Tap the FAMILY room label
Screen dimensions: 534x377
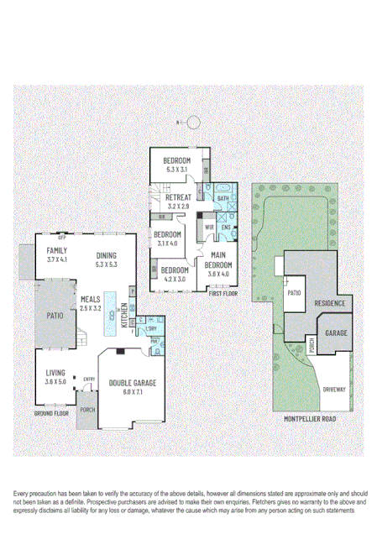[x=57, y=251]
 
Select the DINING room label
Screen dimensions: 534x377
[x=106, y=256]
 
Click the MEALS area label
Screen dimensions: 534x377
[x=91, y=299]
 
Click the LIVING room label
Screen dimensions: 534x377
[x=56, y=374]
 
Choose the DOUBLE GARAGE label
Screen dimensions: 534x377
[x=127, y=383]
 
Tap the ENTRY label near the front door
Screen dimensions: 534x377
[x=89, y=380]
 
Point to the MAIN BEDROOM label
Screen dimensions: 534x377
[x=218, y=259]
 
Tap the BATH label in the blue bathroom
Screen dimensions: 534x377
[x=223, y=198]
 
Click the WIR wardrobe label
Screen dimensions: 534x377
[x=209, y=227]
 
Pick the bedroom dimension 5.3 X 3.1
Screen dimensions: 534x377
[x=177, y=170]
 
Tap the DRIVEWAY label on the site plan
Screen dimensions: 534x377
[x=333, y=390]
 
